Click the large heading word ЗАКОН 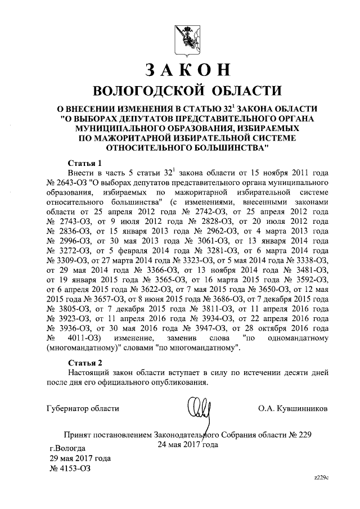pyautogui.click(x=188, y=69)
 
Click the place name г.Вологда pyautogui.click(x=67, y=448)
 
